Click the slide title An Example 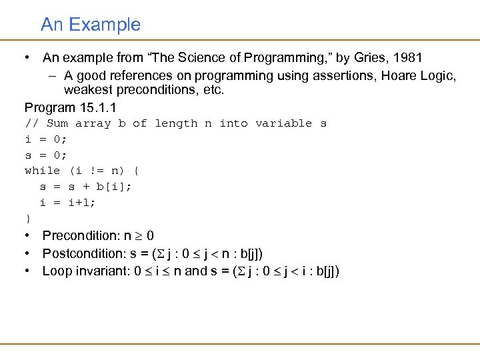tap(91, 25)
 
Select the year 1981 tap(408, 58)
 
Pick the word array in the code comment tap(93, 123)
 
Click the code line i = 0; tap(46, 139)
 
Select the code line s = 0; tap(46, 155)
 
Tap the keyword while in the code tap(42, 171)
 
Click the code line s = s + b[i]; tap(86, 187)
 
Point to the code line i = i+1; tap(67, 203)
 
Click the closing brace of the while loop tap(28, 218)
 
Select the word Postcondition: tap(84, 253)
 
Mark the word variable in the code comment tap(283, 123)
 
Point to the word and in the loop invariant tap(195, 271)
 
